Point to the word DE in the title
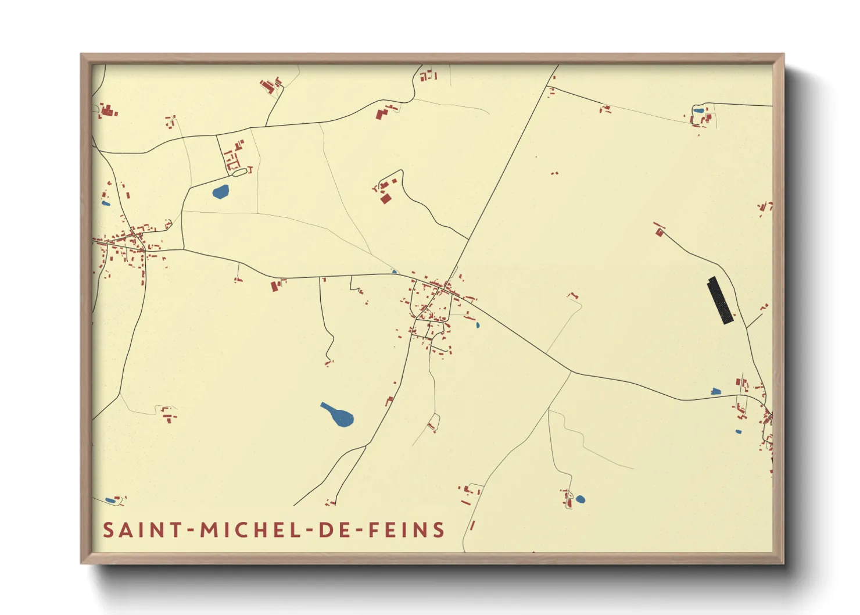click(334, 530)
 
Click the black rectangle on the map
click(721, 301)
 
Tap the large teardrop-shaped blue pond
click(337, 414)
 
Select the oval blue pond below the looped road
click(221, 191)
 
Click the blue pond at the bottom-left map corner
click(110, 500)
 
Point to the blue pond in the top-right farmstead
click(698, 110)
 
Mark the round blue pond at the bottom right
click(580, 499)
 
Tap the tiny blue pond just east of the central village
click(478, 325)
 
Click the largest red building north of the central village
click(385, 199)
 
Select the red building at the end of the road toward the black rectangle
click(659, 233)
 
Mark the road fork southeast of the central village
click(570, 373)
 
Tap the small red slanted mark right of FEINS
click(472, 525)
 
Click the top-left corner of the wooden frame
click(81, 55)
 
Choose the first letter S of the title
click(108, 530)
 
